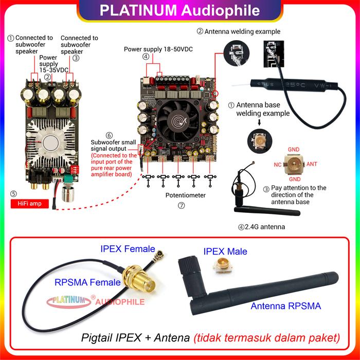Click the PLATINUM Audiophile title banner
point(180,10)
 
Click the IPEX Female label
point(128,249)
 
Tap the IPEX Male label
point(225,251)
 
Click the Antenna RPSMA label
point(285,306)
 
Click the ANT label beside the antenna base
point(313,165)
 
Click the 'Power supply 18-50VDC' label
point(158,49)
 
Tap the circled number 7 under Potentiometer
point(181,205)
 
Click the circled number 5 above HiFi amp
point(14,194)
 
